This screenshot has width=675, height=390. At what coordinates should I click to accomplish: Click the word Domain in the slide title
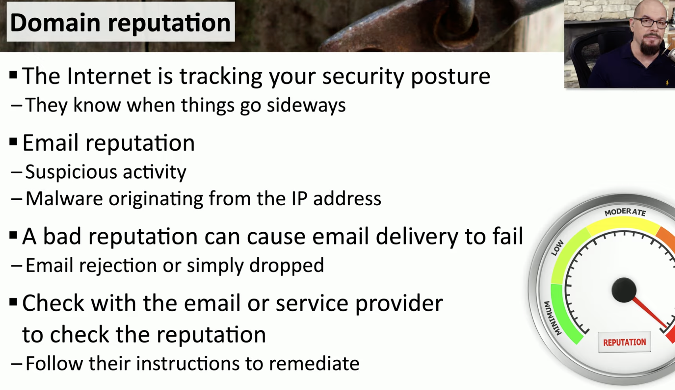point(55,22)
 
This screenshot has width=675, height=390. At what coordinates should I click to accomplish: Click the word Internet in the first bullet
point(109,76)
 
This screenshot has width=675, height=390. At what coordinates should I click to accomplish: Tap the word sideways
point(306,105)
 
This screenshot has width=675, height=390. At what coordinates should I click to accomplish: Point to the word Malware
point(64,199)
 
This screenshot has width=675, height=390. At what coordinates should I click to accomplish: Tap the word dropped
point(287,266)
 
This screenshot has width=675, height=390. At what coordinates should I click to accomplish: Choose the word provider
point(399,304)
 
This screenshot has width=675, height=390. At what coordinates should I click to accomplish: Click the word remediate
point(314,363)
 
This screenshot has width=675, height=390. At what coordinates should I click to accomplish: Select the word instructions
point(187,363)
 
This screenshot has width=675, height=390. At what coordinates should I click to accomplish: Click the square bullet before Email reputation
point(13,141)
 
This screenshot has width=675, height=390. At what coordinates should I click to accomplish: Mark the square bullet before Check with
point(13,302)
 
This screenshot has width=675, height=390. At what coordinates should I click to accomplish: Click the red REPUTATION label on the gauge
point(624,342)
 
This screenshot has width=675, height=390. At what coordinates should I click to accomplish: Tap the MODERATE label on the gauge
point(625,212)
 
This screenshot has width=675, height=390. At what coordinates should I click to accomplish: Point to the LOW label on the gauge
point(557,248)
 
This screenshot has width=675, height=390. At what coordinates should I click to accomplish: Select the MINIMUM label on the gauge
point(553,318)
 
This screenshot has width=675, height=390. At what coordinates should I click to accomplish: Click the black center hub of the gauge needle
point(624,290)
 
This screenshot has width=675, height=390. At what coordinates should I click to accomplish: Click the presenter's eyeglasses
point(651,23)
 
